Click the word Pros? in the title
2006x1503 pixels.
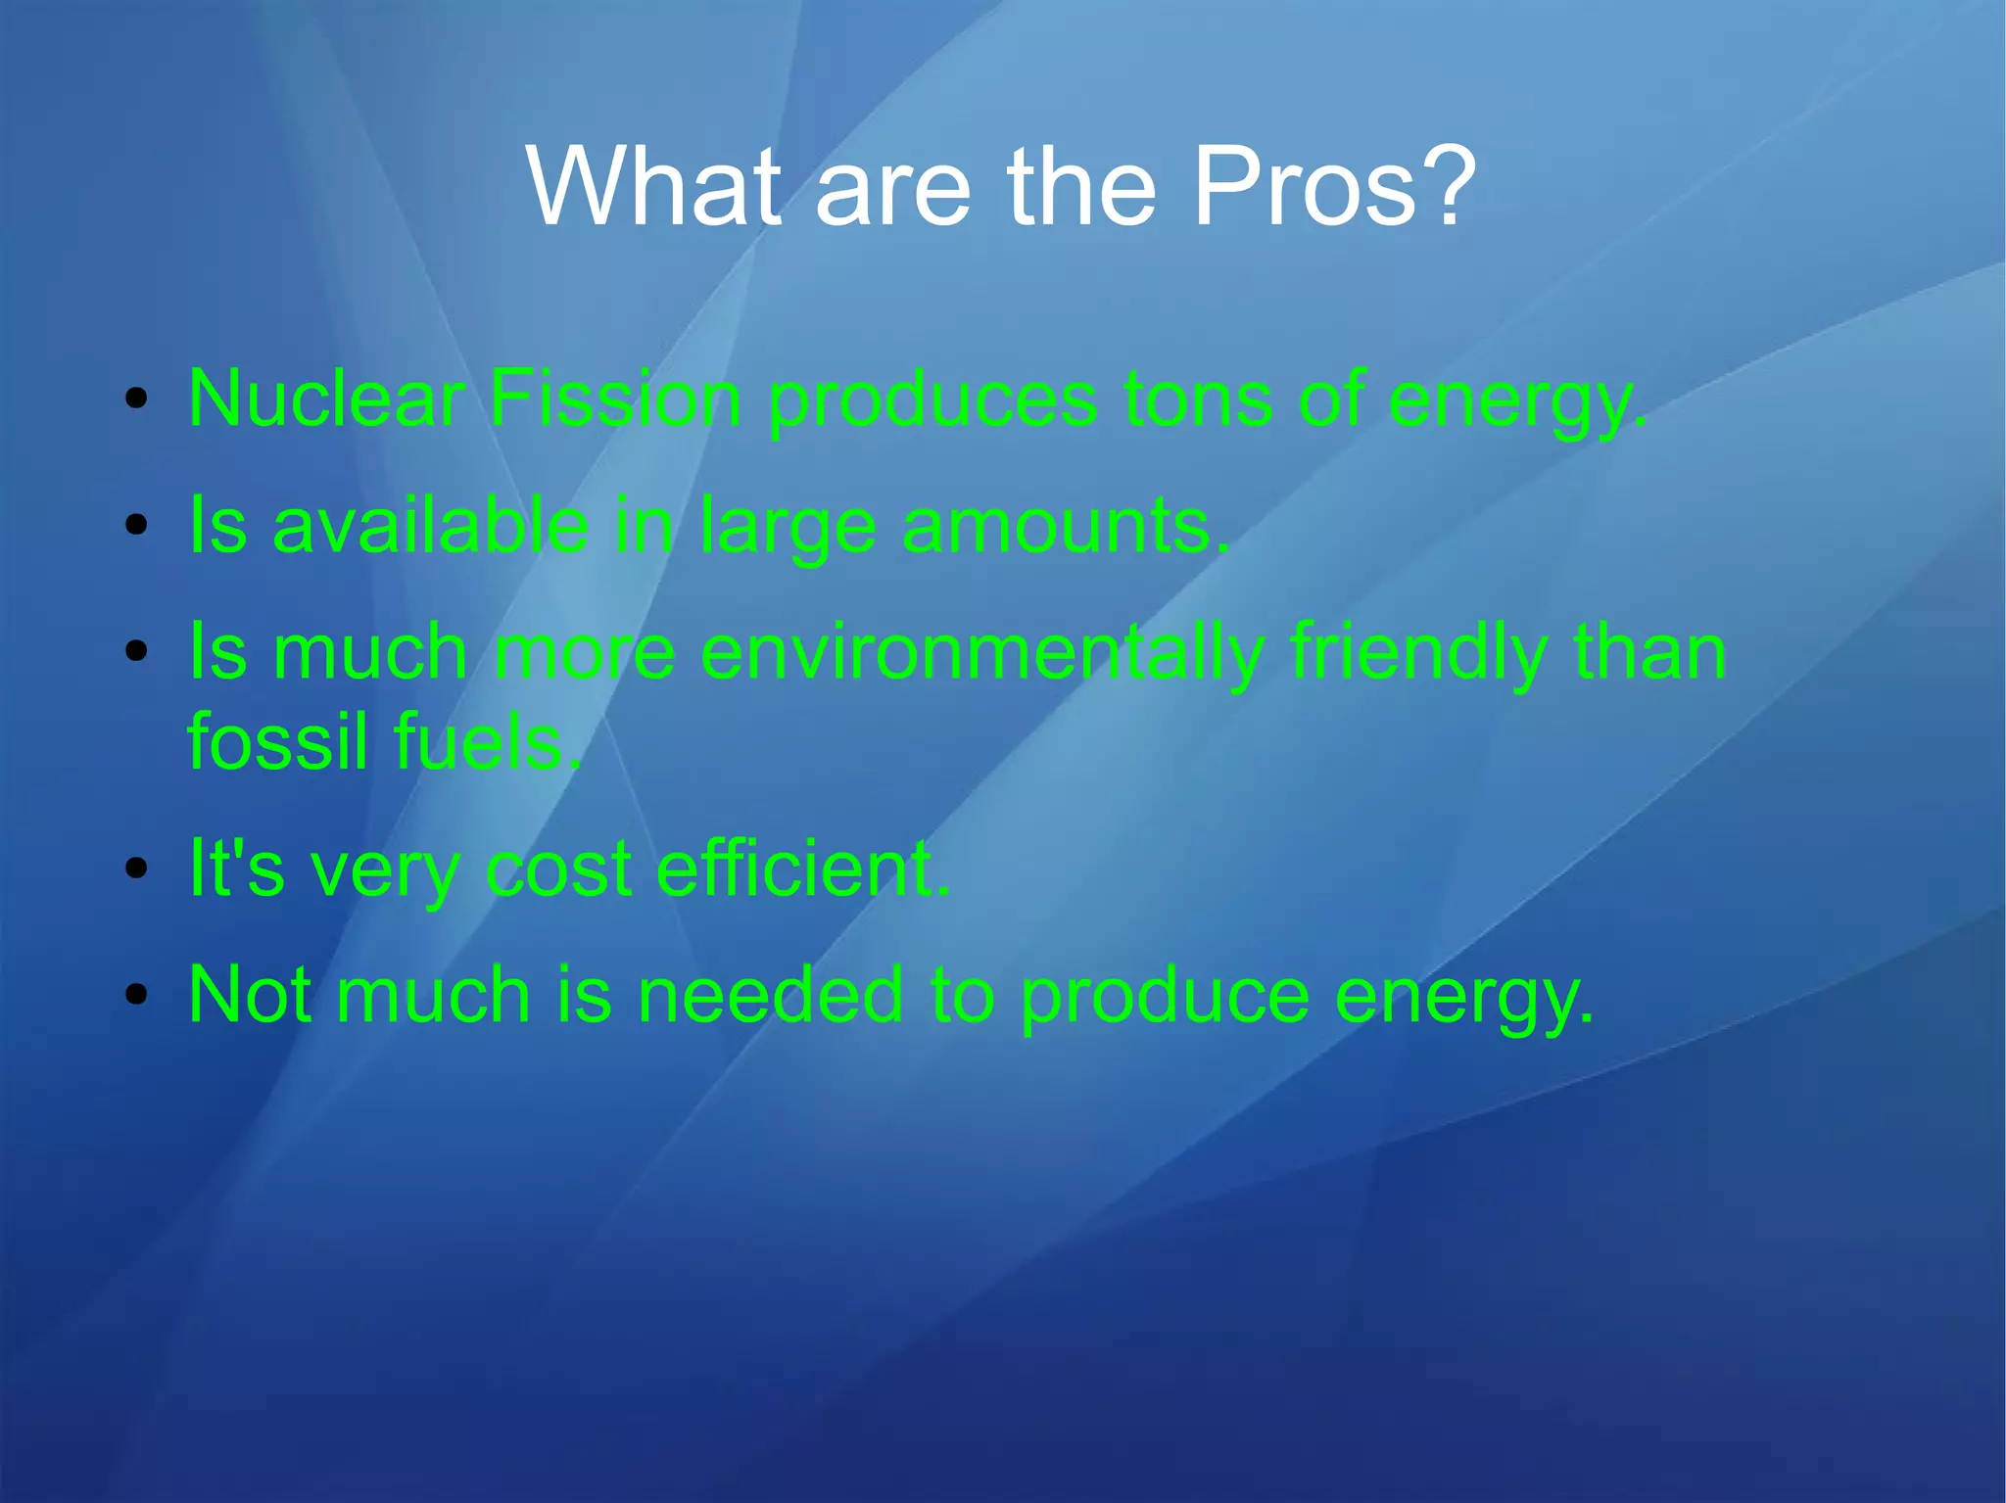pos(1333,186)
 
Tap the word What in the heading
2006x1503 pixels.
pos(654,186)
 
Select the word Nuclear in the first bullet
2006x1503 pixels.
pos(326,399)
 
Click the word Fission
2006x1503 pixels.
pos(615,399)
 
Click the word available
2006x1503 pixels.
pos(431,526)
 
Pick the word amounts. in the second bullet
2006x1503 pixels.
pos(1065,526)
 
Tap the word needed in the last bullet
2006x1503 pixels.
pos(770,995)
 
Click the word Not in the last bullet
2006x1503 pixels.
pos(249,995)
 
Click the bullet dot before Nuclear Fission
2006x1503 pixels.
pos(137,399)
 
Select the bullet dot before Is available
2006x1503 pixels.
pos(137,526)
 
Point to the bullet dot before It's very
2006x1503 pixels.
pos(137,868)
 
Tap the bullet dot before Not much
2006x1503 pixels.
pos(137,995)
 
